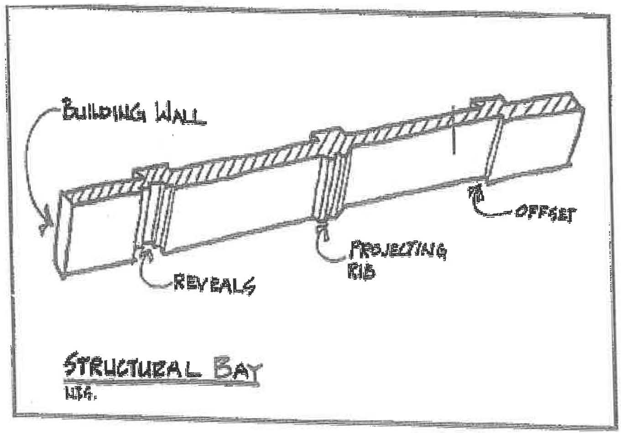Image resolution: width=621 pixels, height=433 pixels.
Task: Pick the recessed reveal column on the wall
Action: [155, 212]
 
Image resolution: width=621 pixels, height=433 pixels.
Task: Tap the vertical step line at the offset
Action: [487, 150]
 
